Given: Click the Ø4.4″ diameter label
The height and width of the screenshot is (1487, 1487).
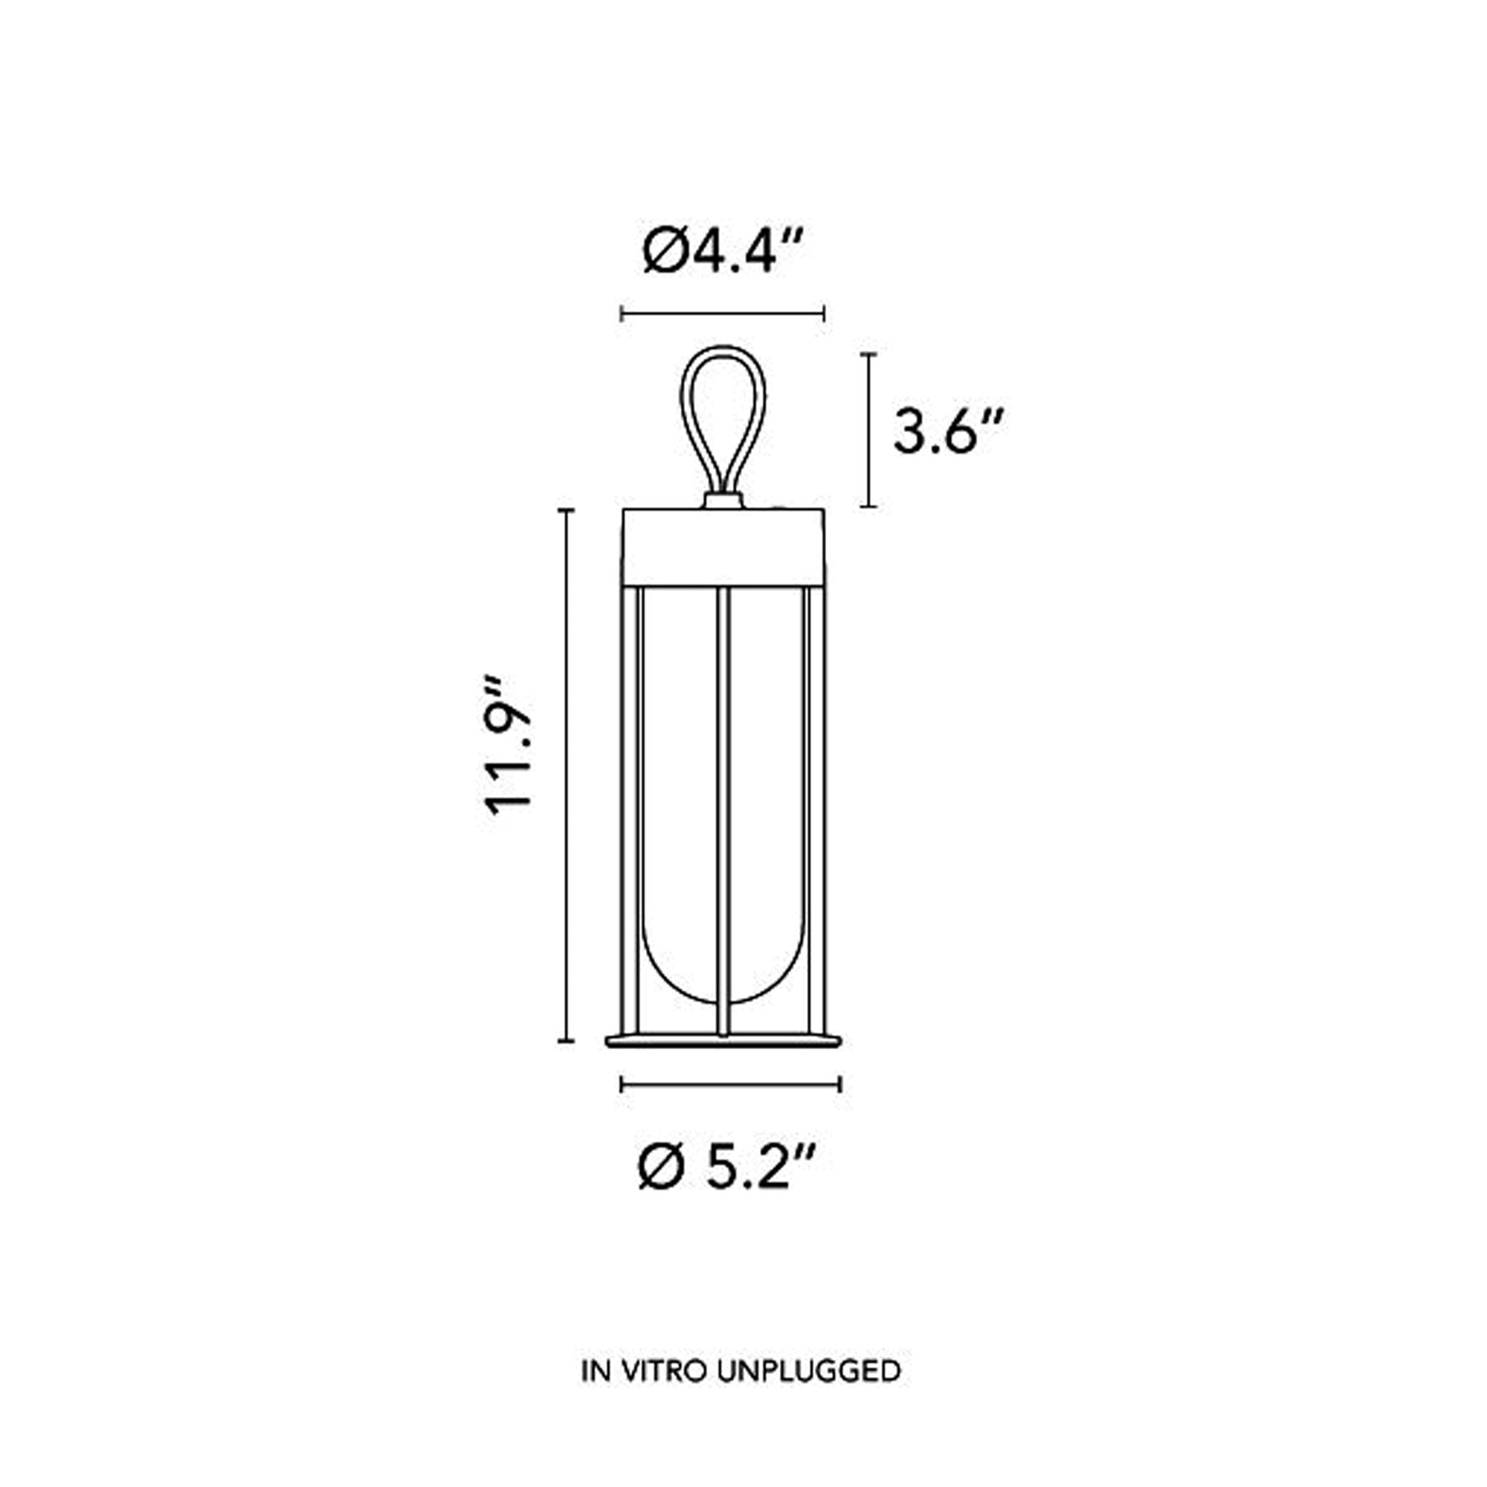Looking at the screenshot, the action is pyautogui.click(x=724, y=250).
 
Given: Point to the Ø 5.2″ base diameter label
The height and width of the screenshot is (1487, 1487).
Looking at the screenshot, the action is pyautogui.click(x=726, y=1166).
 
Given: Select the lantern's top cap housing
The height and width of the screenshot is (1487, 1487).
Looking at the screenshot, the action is pyautogui.click(x=723, y=546).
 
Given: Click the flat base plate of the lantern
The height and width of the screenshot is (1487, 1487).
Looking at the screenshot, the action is pyautogui.click(x=723, y=1041).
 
